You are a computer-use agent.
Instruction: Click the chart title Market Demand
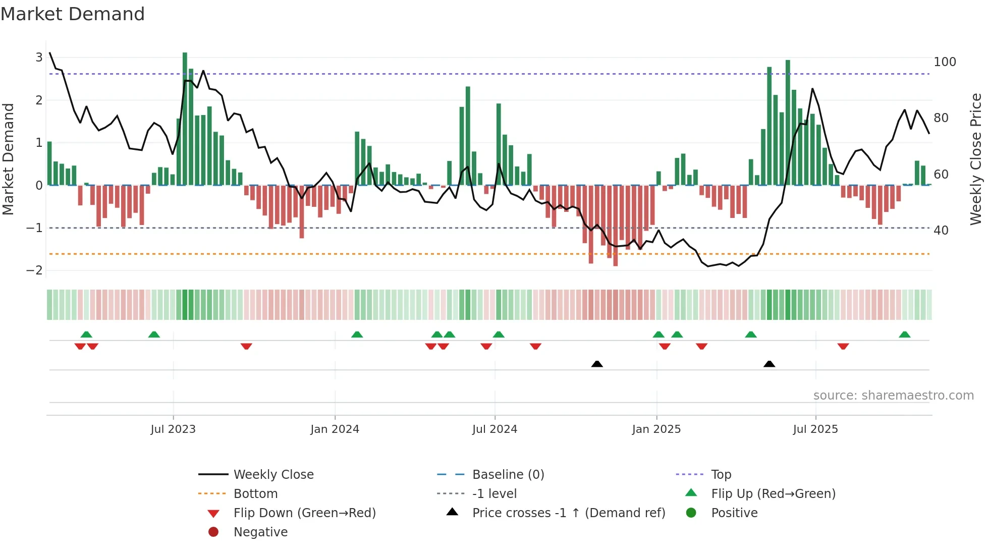[x=73, y=14]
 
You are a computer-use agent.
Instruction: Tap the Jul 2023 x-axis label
[x=173, y=429]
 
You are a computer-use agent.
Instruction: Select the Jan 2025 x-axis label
[x=656, y=429]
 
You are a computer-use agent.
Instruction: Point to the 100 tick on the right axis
[x=945, y=62]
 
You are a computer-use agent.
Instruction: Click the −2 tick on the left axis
[x=34, y=270]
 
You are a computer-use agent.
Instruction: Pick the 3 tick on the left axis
[x=39, y=58]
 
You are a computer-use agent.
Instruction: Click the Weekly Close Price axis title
[x=976, y=159]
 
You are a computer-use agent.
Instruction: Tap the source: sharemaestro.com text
[x=893, y=396]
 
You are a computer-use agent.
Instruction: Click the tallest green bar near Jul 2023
[x=185, y=119]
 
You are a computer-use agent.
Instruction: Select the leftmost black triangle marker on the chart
[x=597, y=364]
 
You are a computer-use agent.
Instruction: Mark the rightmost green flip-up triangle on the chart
[x=905, y=335]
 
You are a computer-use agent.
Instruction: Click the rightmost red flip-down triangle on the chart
[x=843, y=346]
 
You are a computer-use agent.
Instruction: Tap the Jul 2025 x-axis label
[x=815, y=429]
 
